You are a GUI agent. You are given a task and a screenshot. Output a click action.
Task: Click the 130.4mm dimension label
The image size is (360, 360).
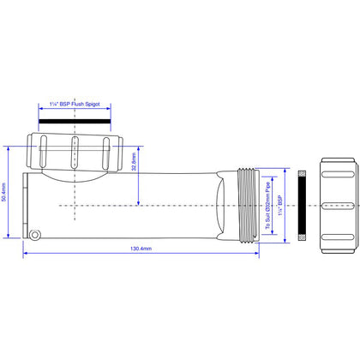coord(141,249)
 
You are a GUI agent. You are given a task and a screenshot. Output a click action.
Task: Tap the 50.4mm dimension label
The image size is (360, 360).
coord(4,192)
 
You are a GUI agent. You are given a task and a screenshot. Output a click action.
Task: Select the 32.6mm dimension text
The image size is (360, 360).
coord(134,162)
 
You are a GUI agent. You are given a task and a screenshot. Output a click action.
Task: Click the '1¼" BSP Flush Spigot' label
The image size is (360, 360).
coord(75,104)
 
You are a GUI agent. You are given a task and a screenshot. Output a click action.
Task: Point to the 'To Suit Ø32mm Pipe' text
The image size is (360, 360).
coord(267,206)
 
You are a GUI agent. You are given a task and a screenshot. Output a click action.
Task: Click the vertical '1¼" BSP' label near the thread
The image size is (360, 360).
coord(280,206)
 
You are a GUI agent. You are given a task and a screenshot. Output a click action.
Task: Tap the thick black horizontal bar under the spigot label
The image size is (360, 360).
coord(75,122)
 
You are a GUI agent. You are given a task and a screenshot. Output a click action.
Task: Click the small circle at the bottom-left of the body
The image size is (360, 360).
coord(35,235)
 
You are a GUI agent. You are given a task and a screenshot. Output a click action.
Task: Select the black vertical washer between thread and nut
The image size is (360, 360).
coord(302,206)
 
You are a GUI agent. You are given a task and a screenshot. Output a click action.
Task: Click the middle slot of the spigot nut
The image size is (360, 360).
coord(75,153)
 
